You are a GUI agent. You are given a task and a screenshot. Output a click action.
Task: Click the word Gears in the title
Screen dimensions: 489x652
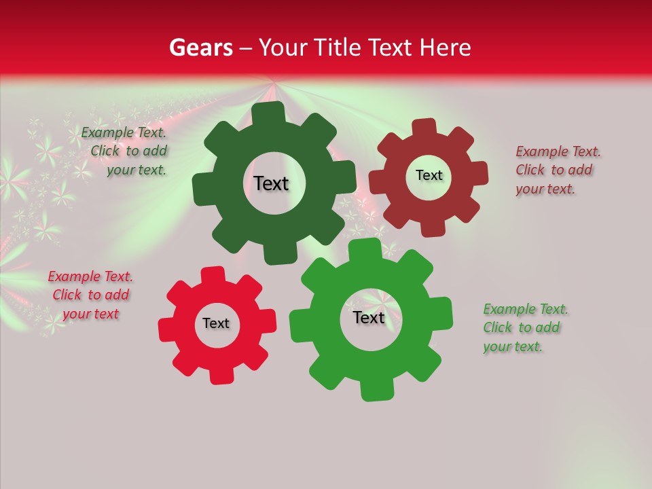click(201, 48)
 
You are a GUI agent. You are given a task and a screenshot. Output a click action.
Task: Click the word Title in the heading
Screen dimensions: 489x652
click(338, 48)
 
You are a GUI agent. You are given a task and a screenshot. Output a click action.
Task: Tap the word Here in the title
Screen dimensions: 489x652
click(445, 48)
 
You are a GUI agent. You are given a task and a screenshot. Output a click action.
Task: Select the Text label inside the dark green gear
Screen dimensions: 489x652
click(271, 183)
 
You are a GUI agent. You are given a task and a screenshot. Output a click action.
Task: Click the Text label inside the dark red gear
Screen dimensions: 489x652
click(429, 175)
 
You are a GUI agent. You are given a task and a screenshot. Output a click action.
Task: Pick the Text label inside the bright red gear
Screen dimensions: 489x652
click(216, 323)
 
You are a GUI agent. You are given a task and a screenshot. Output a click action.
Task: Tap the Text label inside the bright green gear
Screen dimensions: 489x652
click(369, 317)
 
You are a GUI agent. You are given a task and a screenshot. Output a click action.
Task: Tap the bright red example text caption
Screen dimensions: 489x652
click(91, 295)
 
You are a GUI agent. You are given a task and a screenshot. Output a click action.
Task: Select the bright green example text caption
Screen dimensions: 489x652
click(524, 327)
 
